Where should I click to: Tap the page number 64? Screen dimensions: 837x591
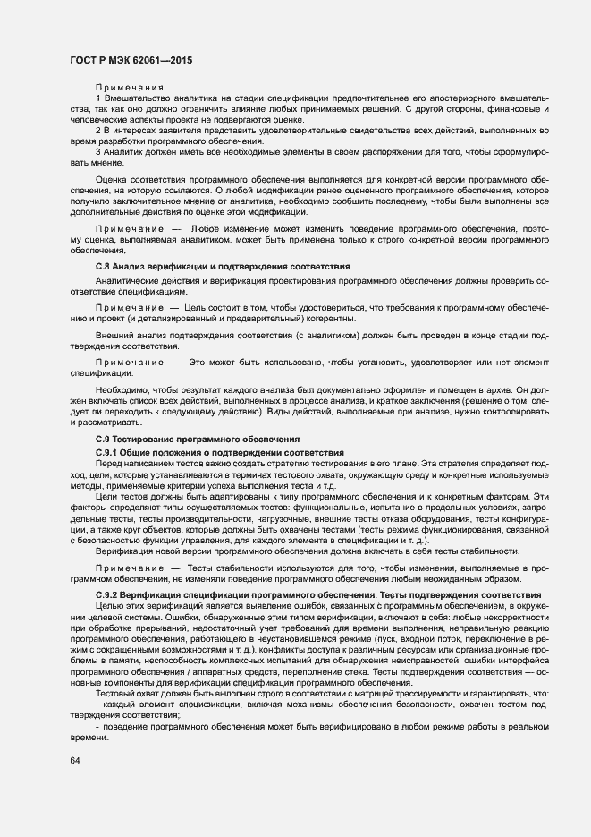point(75,761)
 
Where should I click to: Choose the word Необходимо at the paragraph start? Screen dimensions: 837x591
point(122,392)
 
